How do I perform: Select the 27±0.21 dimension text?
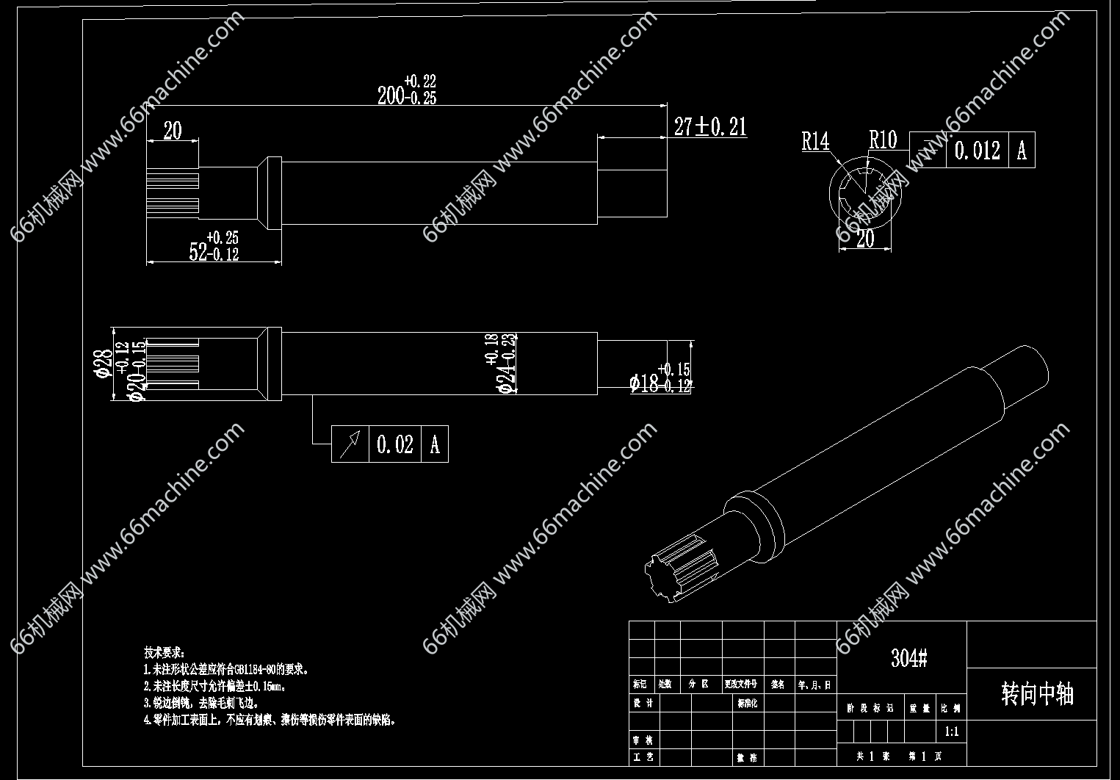(709, 127)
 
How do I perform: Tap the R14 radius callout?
(814, 141)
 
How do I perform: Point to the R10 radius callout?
(882, 140)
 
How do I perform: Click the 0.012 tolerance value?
(977, 151)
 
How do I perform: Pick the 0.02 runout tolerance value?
(394, 444)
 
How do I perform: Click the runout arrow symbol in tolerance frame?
(350, 444)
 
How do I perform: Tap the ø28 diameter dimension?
(103, 363)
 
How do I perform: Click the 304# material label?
(908, 658)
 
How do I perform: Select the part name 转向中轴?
(1037, 693)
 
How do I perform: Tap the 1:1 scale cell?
(951, 732)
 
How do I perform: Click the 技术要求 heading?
(164, 651)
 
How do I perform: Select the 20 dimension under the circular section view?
(865, 239)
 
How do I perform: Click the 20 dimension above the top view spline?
(172, 131)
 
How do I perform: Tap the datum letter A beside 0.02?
(435, 444)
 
